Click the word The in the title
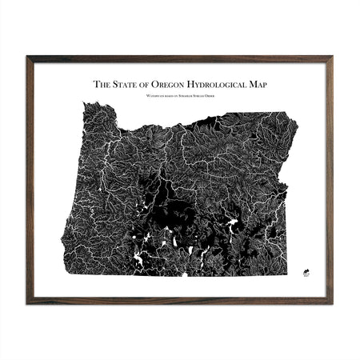(x=102, y=83)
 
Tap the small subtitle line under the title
(x=180, y=95)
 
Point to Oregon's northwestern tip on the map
(x=83, y=104)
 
